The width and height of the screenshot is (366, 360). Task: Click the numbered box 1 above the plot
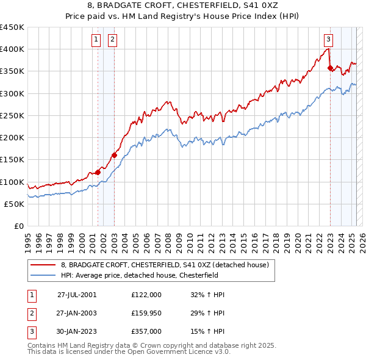click(96, 40)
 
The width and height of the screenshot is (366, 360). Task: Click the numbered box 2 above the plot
click(113, 40)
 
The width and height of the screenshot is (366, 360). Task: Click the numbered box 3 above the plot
click(328, 40)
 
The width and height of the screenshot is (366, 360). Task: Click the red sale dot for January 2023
click(330, 68)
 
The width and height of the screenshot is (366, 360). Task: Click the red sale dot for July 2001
click(98, 172)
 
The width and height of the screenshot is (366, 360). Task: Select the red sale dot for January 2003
click(114, 155)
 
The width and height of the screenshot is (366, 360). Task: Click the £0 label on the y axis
click(18, 226)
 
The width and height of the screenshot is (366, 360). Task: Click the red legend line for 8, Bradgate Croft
click(43, 265)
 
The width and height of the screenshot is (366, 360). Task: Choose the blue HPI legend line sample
click(43, 275)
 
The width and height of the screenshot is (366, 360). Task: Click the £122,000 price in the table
click(146, 294)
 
